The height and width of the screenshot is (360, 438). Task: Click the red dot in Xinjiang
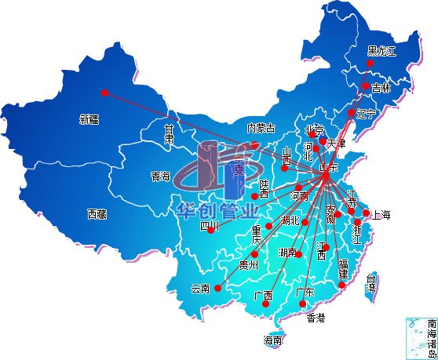[104, 93]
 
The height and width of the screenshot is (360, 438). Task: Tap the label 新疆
[89, 120]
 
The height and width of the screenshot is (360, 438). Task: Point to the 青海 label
[160, 177]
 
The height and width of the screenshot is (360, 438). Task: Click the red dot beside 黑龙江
[370, 64]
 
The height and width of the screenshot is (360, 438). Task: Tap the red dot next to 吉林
[366, 86]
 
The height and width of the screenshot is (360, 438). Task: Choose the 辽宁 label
[367, 114]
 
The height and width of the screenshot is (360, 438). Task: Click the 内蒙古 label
[261, 128]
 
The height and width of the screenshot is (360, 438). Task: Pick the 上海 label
[382, 214]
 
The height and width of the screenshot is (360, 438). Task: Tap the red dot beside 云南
[217, 288]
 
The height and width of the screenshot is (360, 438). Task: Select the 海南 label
[272, 340]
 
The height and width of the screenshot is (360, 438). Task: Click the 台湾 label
[372, 282]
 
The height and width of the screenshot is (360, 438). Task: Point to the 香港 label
[315, 318]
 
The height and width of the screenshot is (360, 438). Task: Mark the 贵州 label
[248, 264]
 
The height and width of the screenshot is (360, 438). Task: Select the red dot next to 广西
[266, 304]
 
